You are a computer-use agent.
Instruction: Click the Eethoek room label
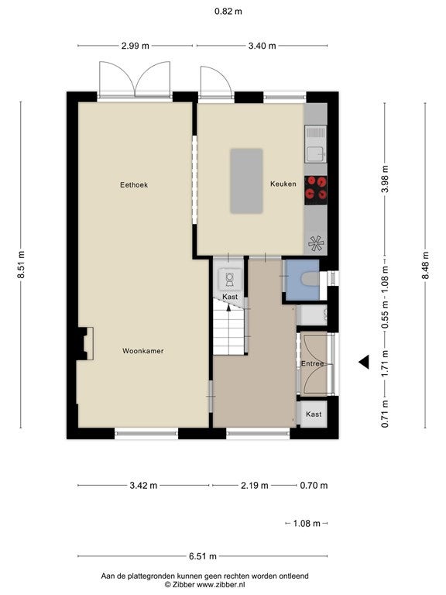pyautogui.click(x=134, y=185)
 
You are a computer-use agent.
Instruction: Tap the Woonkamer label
pyautogui.click(x=143, y=351)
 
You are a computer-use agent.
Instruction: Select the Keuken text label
pyautogui.click(x=283, y=184)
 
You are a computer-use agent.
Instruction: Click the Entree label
pyautogui.click(x=313, y=363)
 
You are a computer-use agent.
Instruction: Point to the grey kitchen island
pyautogui.click(x=246, y=181)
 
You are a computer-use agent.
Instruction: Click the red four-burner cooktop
pyautogui.click(x=316, y=187)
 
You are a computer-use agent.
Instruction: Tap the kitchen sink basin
pyautogui.click(x=316, y=154)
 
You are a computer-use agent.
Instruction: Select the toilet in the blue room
pyautogui.click(x=310, y=279)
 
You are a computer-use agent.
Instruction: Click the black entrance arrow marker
pyautogui.click(x=364, y=362)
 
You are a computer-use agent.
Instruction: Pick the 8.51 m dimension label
pyautogui.click(x=21, y=264)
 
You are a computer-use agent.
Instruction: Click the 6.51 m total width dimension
pyautogui.click(x=203, y=556)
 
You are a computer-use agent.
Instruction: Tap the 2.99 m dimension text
pyautogui.click(x=136, y=46)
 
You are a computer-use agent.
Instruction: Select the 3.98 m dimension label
pyautogui.click(x=385, y=179)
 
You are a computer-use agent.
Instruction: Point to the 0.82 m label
pyautogui.click(x=228, y=12)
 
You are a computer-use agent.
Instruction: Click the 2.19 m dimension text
pyautogui.click(x=255, y=485)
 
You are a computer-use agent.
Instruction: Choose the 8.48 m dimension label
pyautogui.click(x=426, y=265)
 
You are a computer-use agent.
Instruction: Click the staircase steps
pyautogui.click(x=228, y=327)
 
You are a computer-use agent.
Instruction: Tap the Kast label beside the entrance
pyautogui.click(x=314, y=414)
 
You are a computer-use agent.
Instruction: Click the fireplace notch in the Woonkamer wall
pyautogui.click(x=85, y=343)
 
